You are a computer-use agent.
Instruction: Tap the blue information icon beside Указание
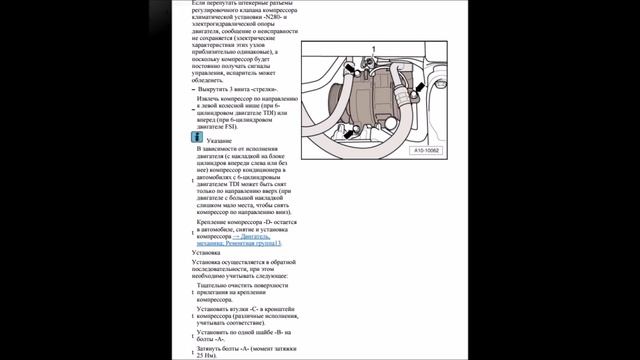197,136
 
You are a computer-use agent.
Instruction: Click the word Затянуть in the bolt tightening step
213,346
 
